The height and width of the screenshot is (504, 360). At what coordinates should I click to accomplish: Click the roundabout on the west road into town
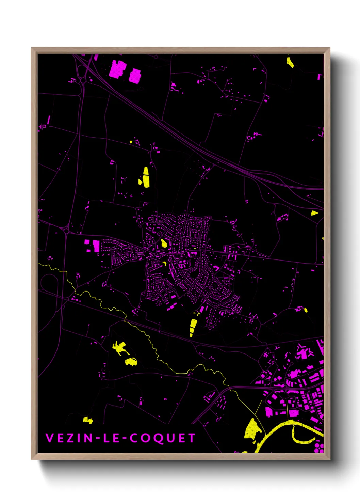click(x=66, y=231)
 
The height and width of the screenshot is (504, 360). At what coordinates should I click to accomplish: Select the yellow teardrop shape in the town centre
click(x=164, y=243)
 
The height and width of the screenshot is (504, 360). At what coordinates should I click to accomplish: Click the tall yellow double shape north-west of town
click(x=146, y=177)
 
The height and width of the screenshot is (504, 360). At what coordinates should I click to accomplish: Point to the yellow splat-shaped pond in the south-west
click(x=119, y=348)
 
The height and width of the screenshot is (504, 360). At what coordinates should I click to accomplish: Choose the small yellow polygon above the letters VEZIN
click(x=88, y=420)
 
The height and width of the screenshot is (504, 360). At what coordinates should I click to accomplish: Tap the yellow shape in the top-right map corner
click(x=290, y=63)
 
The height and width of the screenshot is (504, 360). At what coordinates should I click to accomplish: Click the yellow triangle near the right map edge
click(x=314, y=213)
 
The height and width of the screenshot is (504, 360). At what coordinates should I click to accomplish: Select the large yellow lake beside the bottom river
click(x=252, y=428)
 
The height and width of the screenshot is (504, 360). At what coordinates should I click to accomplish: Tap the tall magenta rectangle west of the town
click(x=96, y=246)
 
